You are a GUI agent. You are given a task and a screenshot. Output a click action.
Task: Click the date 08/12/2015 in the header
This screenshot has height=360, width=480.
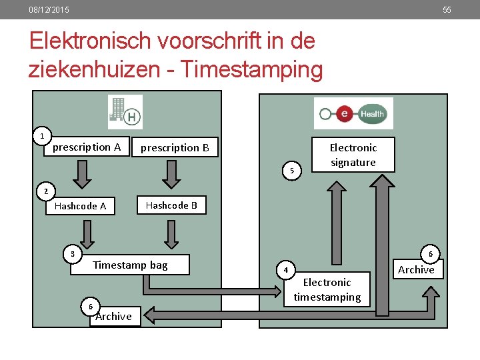49,10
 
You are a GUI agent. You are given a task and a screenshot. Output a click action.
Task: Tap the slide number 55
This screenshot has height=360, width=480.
447,10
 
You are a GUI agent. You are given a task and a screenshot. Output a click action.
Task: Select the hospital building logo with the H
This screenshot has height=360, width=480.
125,111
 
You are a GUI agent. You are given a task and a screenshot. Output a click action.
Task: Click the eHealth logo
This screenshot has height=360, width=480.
353,113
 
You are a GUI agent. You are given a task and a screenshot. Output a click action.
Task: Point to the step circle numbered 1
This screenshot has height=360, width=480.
42,136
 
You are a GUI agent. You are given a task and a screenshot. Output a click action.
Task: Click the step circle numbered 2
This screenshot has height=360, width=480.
46,192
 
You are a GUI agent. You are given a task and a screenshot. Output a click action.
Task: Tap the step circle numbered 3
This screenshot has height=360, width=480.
72,253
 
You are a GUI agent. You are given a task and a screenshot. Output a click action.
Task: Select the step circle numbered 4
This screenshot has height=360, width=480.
285,271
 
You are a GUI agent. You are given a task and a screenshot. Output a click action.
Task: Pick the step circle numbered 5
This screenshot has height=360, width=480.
291,171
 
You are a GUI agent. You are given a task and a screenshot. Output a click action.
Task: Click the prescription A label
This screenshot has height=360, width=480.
87,147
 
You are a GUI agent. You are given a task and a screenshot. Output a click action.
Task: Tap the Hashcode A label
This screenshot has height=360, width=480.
80,206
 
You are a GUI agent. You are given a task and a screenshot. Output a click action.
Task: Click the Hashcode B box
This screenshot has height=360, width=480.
171,205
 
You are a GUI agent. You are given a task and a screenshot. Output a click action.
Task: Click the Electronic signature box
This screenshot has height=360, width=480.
353,155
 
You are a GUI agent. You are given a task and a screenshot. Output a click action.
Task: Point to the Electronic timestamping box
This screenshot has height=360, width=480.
327,290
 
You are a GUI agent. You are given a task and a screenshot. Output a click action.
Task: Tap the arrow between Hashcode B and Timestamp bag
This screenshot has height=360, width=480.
171,235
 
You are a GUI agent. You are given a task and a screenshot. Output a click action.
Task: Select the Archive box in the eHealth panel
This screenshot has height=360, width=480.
416,269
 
